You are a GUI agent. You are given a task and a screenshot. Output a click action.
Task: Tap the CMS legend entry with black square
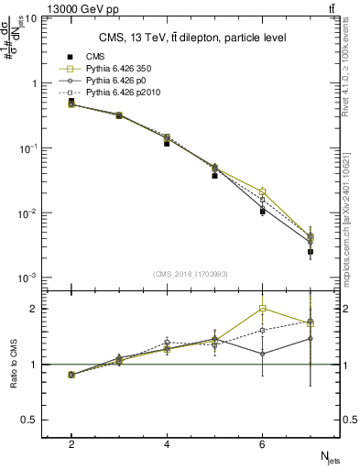click(95, 57)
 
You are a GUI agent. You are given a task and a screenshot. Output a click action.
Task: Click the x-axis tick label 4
click(167, 443)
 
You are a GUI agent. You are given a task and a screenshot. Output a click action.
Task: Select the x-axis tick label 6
click(262, 443)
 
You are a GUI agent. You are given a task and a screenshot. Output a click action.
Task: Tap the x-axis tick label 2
click(71, 443)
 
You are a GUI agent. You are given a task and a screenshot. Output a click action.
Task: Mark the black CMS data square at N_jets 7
click(311, 251)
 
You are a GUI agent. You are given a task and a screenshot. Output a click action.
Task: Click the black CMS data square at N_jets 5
click(214, 175)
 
